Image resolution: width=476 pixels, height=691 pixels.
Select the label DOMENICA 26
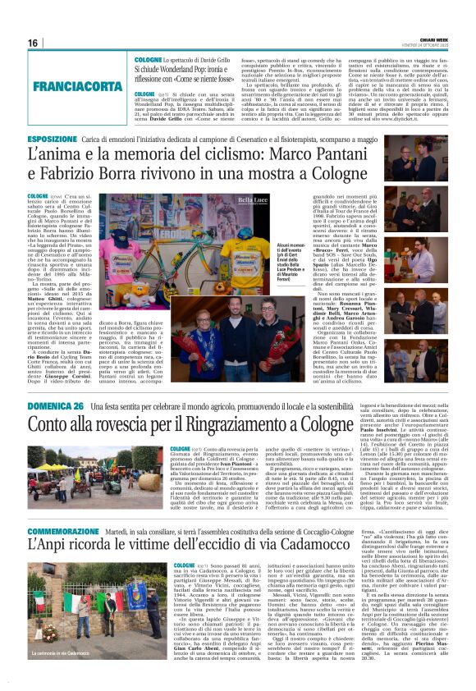(56, 407)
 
